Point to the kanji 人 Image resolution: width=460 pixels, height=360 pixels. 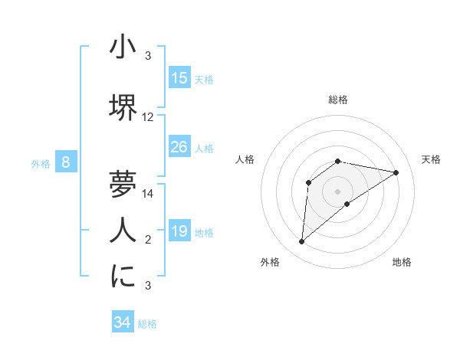123,229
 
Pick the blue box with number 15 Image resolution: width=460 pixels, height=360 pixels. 179,78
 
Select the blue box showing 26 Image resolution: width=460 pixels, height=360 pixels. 179,147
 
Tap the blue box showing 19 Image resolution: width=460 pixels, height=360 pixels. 179,231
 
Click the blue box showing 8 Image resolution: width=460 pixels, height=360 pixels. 66,162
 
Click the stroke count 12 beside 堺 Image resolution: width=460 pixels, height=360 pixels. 148,117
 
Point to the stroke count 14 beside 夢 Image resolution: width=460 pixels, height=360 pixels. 148,194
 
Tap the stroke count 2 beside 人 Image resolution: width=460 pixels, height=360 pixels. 148,240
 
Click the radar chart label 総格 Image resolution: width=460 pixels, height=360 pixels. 337,100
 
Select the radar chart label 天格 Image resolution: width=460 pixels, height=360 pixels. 431,159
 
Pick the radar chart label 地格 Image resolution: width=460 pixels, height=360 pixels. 402,262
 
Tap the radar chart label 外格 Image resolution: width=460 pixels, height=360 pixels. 270,262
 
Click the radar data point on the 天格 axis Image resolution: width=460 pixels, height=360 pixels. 396,172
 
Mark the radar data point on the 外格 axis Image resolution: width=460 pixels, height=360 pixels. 302,242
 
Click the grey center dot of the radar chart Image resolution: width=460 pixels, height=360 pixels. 337,191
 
